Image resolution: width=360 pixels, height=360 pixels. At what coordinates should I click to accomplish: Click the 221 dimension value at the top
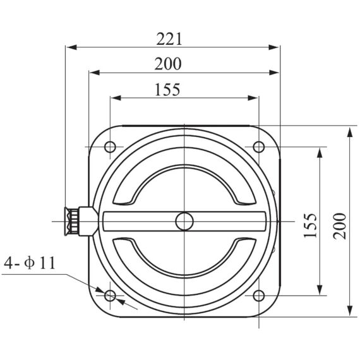coord(169,39)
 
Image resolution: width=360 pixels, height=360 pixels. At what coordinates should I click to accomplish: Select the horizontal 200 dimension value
coord(167,64)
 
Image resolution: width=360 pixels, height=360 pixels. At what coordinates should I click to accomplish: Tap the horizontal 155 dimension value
coord(167,90)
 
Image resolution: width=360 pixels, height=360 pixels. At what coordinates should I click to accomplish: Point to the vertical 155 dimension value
coord(310,225)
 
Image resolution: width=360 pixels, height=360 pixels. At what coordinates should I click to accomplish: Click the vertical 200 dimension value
coord(340,225)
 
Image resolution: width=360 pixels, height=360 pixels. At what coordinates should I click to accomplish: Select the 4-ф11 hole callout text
coord(29,263)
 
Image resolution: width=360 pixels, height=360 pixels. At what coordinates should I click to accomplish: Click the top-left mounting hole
coord(110,147)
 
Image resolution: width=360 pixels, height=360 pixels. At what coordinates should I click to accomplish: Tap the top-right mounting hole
coord(258,147)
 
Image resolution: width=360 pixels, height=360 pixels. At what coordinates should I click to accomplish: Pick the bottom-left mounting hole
coord(110,295)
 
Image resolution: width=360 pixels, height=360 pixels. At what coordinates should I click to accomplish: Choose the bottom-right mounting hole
coord(258,295)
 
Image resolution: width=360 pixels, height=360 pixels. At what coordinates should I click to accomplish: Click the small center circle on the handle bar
coord(184,221)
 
